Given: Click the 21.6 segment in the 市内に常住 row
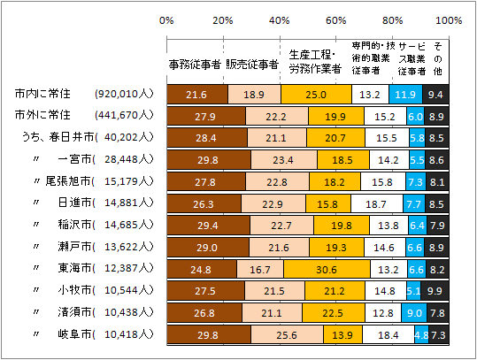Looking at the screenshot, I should coord(196,93).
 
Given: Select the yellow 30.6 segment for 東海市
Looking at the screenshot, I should coord(322,269).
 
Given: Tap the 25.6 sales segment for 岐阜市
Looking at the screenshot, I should coord(286,335).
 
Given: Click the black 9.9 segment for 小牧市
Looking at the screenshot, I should coord(435,291).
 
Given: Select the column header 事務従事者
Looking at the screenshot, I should coord(194,64).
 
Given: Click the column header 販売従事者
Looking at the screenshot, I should coord(252,64).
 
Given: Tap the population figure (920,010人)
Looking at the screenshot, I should coord(125,93).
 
